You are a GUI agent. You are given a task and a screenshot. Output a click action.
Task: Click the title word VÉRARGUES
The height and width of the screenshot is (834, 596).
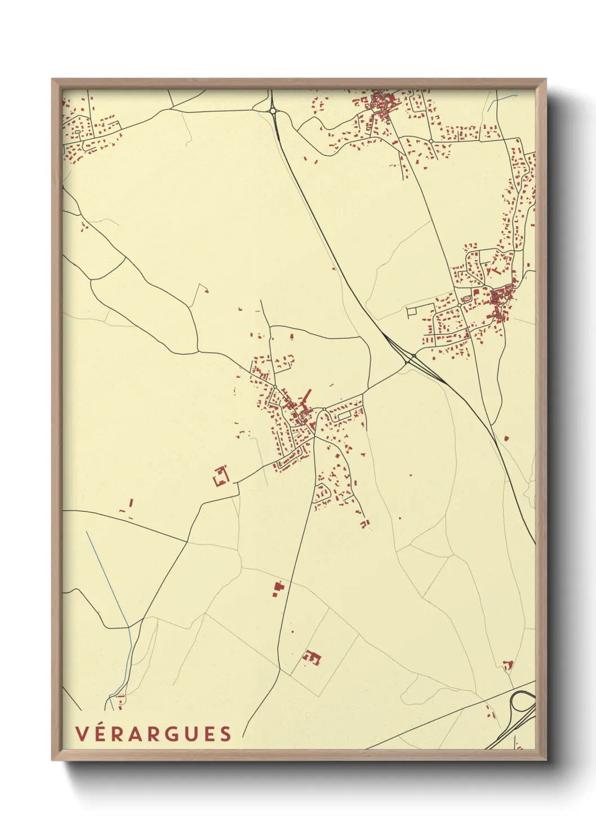pos(153,733)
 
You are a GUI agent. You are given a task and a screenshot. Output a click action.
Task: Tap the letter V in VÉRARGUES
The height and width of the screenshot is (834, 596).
pos(81,733)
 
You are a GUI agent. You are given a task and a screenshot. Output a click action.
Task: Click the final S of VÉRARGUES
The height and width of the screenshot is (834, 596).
pos(225,733)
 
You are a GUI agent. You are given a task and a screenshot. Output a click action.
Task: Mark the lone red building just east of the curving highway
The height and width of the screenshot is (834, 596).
pos(506,437)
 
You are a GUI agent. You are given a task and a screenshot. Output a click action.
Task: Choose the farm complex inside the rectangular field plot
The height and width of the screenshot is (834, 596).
pos(312,657)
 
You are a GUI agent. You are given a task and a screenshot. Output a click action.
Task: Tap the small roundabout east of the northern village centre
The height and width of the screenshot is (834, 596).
pos(431,140)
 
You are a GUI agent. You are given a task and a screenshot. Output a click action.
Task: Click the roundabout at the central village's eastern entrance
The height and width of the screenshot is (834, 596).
pos(324,409)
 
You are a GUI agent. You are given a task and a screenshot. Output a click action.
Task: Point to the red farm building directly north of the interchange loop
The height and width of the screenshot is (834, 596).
pos(508,665)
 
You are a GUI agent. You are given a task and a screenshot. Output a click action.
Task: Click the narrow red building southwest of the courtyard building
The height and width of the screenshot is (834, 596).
pos(131,502)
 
